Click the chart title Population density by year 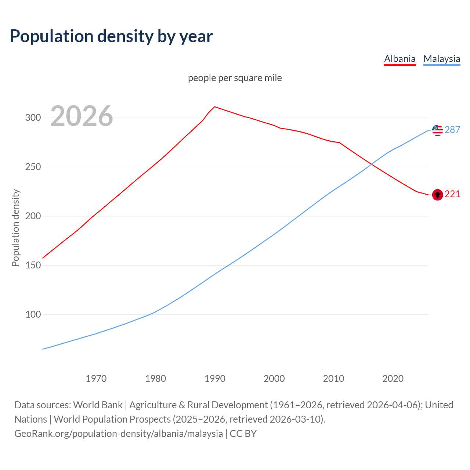point(111,36)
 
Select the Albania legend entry point(399,59)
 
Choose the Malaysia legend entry point(441,59)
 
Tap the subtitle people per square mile point(235,78)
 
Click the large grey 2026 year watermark point(82,116)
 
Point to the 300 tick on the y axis point(33,118)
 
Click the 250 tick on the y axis point(33,167)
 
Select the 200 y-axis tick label point(33,216)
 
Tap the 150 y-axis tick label point(33,265)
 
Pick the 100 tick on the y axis point(33,315)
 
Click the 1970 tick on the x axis point(96,379)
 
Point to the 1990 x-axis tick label point(215,379)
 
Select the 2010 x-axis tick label point(333,379)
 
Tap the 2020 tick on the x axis point(393,379)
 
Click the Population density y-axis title point(15,228)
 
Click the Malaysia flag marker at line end point(437,130)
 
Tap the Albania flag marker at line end point(437,195)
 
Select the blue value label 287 point(452,130)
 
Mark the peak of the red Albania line point(215,107)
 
